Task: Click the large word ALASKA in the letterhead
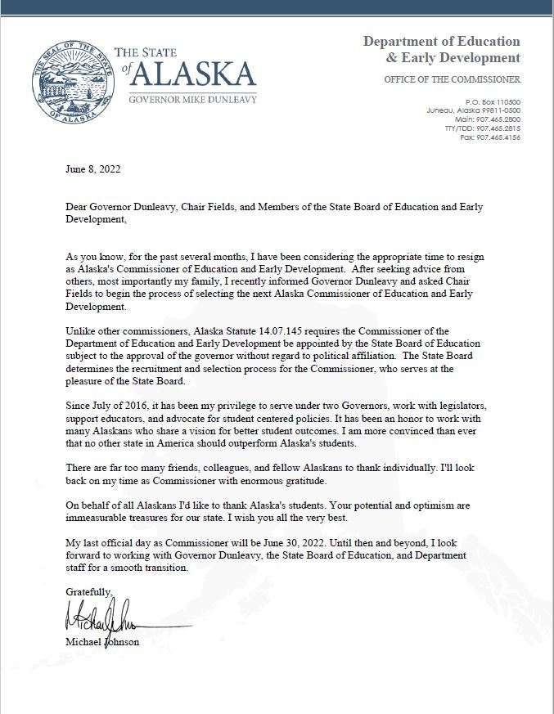[193, 75]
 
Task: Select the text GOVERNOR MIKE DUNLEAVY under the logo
[193, 99]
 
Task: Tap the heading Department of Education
[441, 41]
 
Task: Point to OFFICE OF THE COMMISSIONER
[452, 79]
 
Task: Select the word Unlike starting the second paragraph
[80, 330]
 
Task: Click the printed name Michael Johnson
[102, 642]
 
